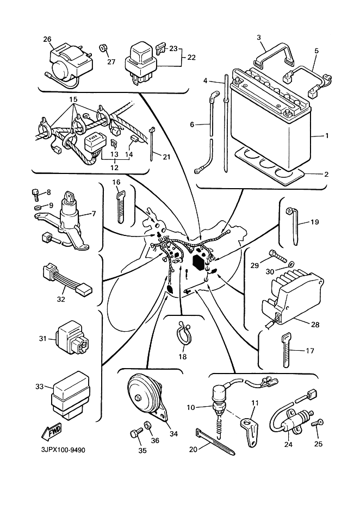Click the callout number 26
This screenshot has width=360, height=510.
click(47, 39)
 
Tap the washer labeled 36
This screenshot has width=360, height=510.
click(148, 426)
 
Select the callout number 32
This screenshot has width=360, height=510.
click(61, 298)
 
